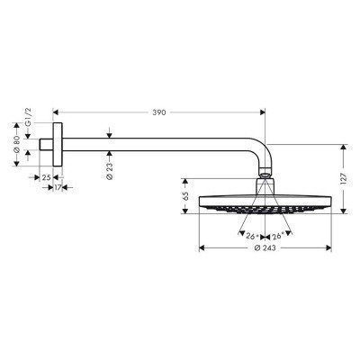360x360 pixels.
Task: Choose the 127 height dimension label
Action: point(343,177)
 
